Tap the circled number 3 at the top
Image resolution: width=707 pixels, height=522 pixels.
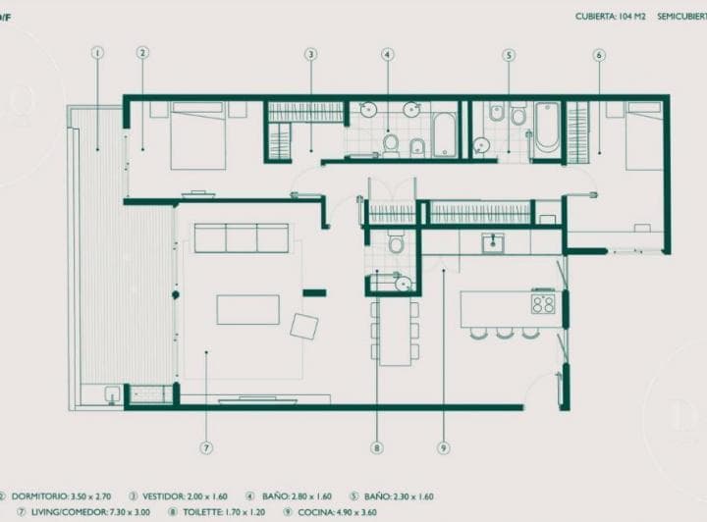click(x=310, y=55)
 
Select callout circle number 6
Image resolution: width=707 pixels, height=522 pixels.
click(x=599, y=55)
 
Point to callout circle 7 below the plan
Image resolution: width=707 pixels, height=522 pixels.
click(x=206, y=447)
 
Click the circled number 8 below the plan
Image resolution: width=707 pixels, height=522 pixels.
click(x=377, y=447)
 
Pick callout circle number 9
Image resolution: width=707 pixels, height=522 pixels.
click(x=444, y=447)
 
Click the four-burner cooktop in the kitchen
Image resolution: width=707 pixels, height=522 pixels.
click(x=543, y=303)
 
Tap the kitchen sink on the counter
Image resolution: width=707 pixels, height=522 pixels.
click(x=493, y=242)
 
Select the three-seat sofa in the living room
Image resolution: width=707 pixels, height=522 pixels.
click(x=242, y=238)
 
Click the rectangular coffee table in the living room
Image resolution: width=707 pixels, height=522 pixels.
click(x=247, y=310)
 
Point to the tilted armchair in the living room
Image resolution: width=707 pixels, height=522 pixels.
click(x=304, y=326)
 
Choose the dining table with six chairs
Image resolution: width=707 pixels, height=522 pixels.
click(x=395, y=331)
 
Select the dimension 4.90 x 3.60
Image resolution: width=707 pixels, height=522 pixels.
click(x=367, y=511)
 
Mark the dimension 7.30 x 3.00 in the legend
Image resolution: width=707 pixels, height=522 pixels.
click(x=120, y=511)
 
